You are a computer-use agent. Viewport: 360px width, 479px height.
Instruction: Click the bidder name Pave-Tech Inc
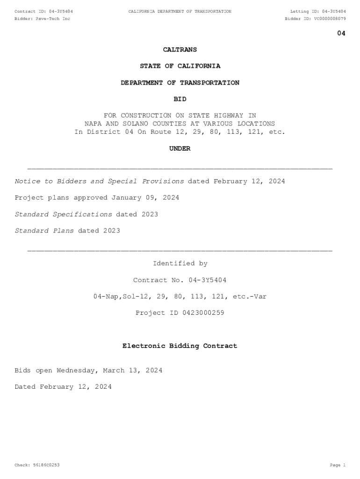pyautogui.click(x=53, y=19)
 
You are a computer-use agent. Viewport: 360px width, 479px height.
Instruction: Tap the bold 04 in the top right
pyautogui.click(x=341, y=33)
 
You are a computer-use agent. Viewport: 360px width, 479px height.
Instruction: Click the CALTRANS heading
pyautogui.click(x=180, y=50)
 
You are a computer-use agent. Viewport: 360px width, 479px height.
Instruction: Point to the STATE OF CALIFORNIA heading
pyautogui.click(x=180, y=66)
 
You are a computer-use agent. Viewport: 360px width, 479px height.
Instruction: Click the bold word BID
pyautogui.click(x=180, y=99)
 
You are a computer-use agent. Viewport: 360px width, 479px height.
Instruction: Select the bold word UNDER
pyautogui.click(x=180, y=148)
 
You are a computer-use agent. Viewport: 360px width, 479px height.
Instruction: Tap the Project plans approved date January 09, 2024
pyautogui.click(x=145, y=197)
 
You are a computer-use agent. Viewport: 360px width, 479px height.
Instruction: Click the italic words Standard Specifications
pyautogui.click(x=63, y=214)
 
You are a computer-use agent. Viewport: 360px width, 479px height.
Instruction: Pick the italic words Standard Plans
pyautogui.click(x=44, y=231)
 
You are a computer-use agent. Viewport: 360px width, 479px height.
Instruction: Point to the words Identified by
pyautogui.click(x=180, y=263)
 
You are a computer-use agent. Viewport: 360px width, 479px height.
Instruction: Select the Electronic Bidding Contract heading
pyautogui.click(x=180, y=346)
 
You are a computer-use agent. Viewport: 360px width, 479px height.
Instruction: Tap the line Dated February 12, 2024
pyautogui.click(x=63, y=387)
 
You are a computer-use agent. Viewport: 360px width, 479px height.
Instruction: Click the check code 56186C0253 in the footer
pyautogui.click(x=44, y=465)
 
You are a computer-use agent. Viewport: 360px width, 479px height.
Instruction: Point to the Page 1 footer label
pyautogui.click(x=337, y=465)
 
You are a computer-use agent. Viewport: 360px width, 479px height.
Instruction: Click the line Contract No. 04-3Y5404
pyautogui.click(x=180, y=280)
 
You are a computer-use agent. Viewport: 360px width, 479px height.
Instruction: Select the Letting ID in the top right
pyautogui.click(x=318, y=11)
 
